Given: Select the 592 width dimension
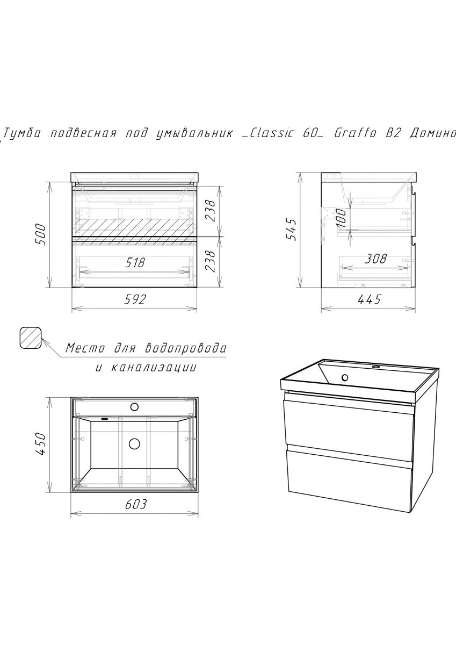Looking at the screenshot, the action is click(135, 300).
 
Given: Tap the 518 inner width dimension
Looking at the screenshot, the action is click(135, 263).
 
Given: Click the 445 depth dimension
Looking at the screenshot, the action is click(369, 300).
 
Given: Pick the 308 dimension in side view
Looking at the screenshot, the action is click(375, 259).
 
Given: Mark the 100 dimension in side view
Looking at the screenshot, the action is click(341, 218).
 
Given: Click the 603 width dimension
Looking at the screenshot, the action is click(136, 504).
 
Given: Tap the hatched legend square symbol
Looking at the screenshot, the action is click(31, 338).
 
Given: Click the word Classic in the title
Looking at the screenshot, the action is click(271, 133).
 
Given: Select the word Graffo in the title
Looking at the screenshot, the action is click(355, 133).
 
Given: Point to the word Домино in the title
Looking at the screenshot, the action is click(432, 133).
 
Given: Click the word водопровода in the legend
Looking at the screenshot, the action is click(185, 348).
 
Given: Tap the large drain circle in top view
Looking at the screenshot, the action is click(134, 444).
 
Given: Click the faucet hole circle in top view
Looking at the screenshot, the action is click(134, 407).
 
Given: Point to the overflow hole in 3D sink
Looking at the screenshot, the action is click(345, 377).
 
